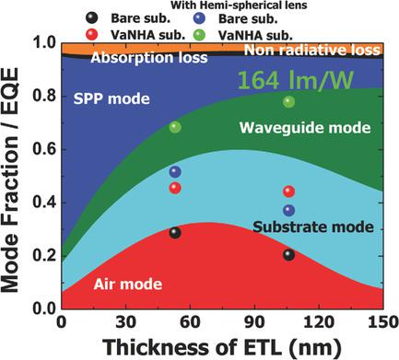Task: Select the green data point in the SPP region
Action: pos(175,126)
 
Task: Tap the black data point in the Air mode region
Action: pos(175,232)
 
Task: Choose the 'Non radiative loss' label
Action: pos(318,51)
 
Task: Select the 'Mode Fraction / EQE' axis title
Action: pos(14,175)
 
